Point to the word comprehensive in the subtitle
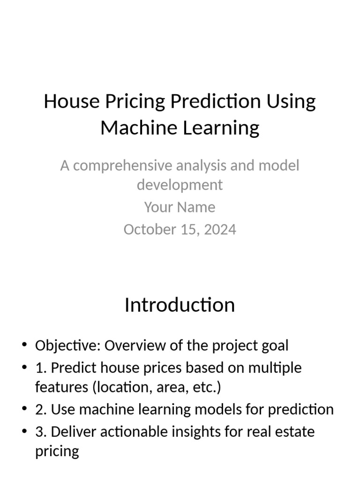pyautogui.click(x=123, y=165)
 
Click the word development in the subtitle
pyautogui.click(x=180, y=185)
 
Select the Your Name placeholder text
pyautogui.click(x=180, y=207)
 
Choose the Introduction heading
pyautogui.click(x=180, y=305)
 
